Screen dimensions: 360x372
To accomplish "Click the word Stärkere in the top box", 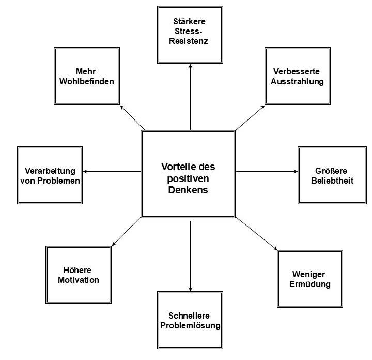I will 191,22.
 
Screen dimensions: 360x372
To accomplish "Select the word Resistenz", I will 191,41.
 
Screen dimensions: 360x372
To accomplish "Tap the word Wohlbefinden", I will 86,81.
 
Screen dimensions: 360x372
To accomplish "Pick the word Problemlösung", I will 191,325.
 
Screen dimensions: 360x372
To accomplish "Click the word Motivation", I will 79,280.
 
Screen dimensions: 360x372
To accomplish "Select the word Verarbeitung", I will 50,171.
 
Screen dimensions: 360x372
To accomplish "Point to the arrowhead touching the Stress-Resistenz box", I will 191,66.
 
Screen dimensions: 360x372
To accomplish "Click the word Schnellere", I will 191,316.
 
